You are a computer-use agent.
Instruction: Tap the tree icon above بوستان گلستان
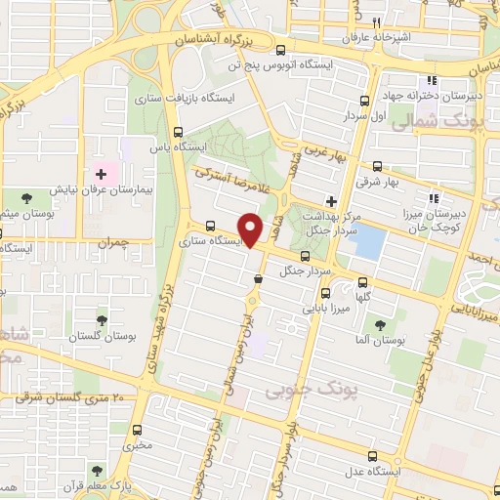click(102, 320)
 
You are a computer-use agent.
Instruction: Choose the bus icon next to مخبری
click(136, 429)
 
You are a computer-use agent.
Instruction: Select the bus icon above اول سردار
click(364, 100)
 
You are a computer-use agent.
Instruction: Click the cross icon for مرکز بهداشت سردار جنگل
click(331, 200)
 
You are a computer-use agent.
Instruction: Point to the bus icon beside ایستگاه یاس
click(177, 133)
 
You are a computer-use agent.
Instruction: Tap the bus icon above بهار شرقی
click(377, 166)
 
